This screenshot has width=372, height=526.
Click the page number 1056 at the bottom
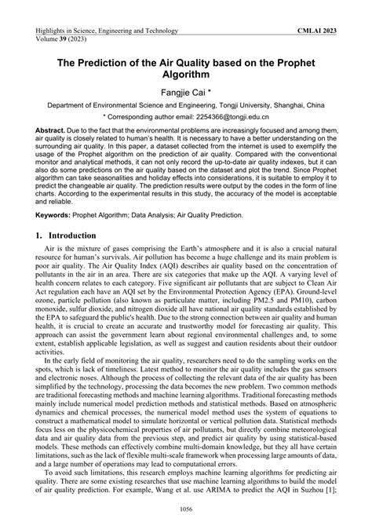click(185, 513)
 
